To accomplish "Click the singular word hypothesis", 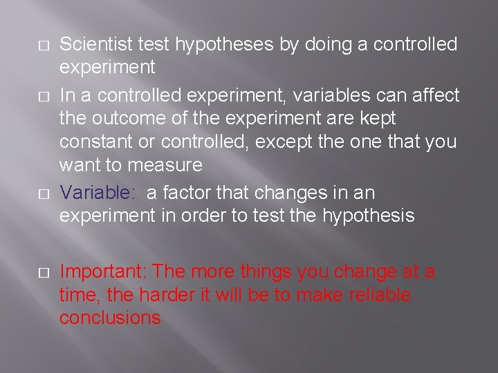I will point(368,216).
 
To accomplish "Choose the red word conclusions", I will point(110,318).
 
